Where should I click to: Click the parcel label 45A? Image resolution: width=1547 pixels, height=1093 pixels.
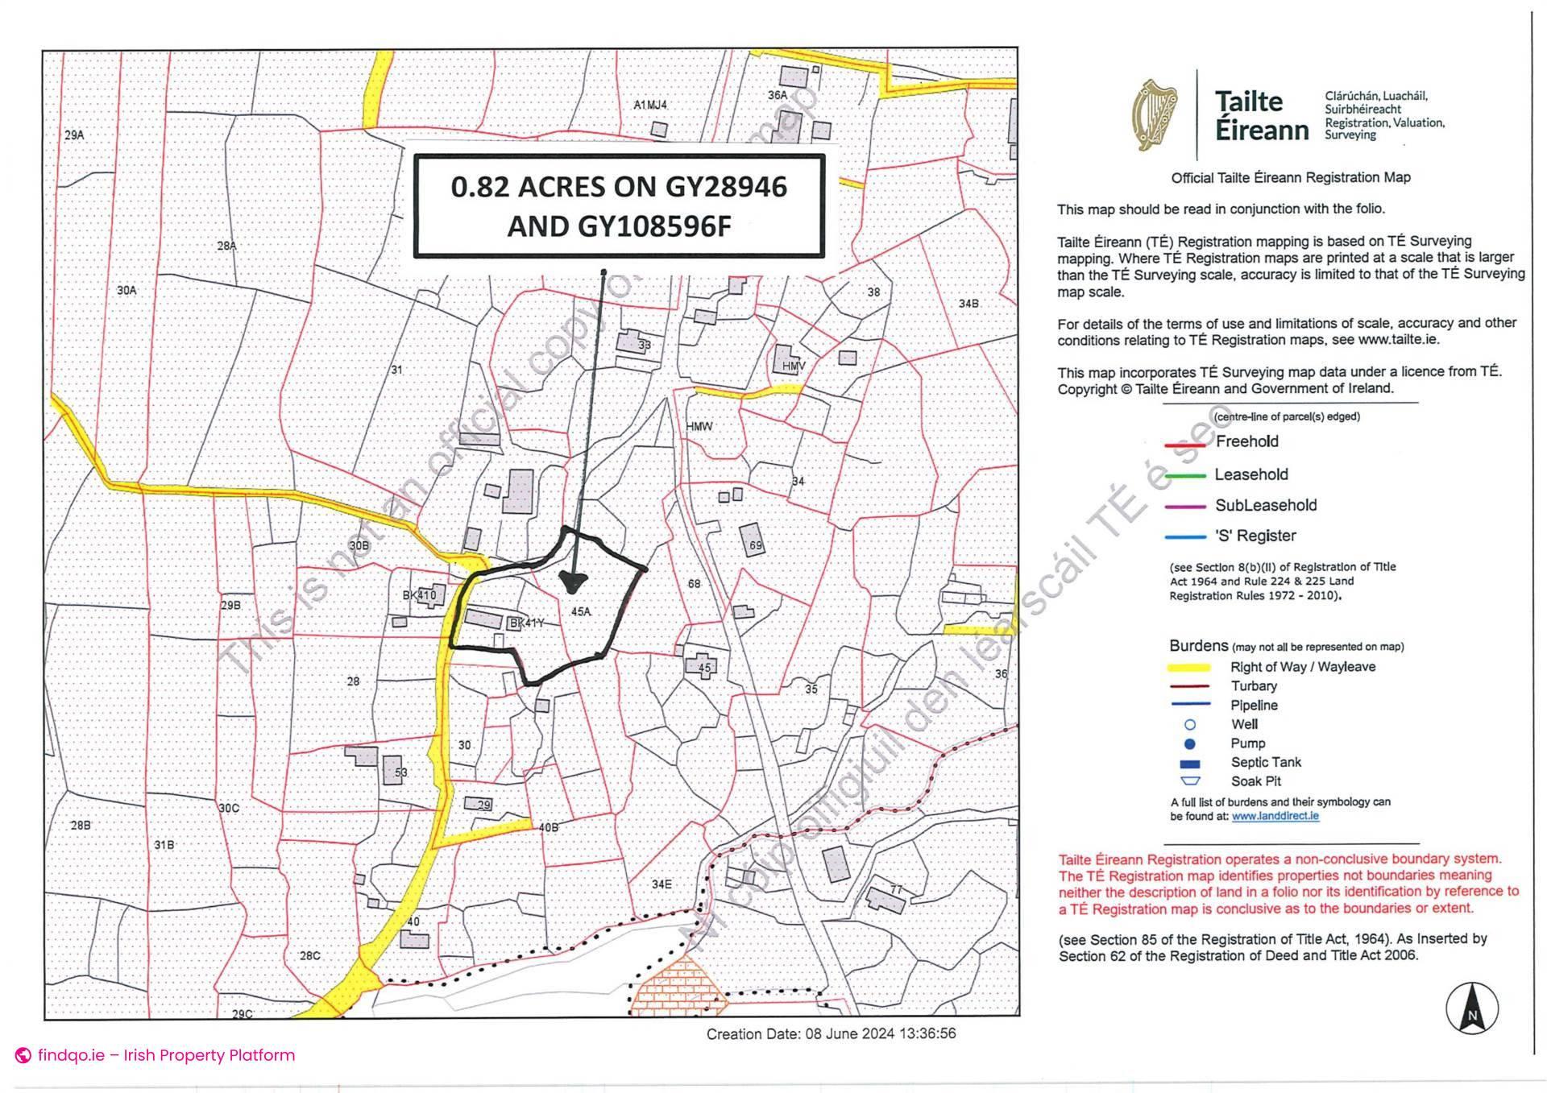[x=580, y=612]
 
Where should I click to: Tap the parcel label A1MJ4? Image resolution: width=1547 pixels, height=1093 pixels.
[x=650, y=106]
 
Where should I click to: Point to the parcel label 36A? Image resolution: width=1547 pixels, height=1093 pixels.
[x=777, y=95]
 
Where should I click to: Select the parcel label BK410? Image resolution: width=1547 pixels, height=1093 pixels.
[x=419, y=596]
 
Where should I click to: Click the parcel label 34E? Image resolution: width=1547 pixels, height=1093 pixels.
[x=662, y=884]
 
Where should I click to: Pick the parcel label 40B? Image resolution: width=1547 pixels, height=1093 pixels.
[x=549, y=827]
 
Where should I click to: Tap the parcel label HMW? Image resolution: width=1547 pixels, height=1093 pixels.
[x=699, y=426]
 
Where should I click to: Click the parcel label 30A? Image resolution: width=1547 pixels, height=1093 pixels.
[x=126, y=290]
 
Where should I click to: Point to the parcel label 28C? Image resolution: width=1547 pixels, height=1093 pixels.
[x=310, y=956]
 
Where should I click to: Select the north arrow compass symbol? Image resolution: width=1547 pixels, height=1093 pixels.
[x=1472, y=1008]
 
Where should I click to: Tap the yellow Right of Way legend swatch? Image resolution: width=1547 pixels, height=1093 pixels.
[x=1188, y=668]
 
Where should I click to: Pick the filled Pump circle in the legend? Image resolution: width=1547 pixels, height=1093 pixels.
[x=1190, y=743]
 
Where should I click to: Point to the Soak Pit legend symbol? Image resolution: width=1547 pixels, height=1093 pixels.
[x=1190, y=781]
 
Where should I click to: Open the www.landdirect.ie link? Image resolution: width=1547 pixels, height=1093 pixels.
[x=1275, y=816]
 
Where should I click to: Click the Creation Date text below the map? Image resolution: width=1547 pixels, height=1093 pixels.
[x=831, y=1033]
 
